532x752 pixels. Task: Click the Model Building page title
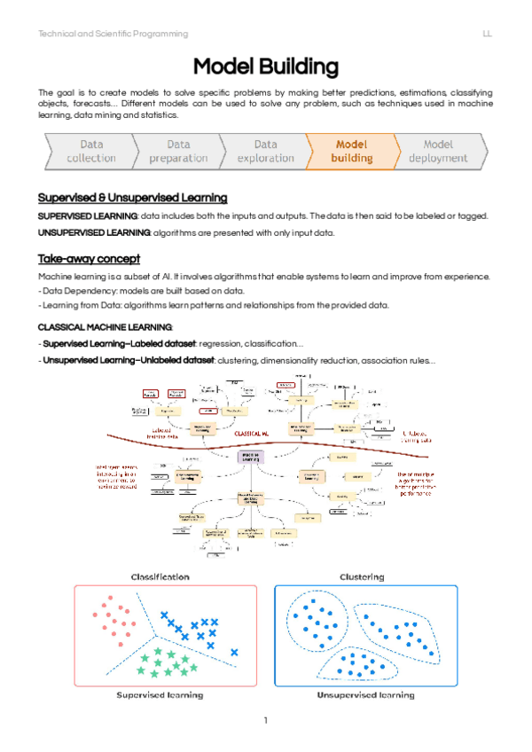pyautogui.click(x=265, y=67)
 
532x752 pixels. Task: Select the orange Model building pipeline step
pyautogui.click(x=351, y=151)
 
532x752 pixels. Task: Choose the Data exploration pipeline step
pyautogui.click(x=265, y=151)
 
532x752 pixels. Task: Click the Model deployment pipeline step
pyautogui.click(x=438, y=151)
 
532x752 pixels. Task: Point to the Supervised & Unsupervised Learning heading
pyautogui.click(x=132, y=197)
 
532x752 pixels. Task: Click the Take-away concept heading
pyautogui.click(x=89, y=259)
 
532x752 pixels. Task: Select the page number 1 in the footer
pyautogui.click(x=265, y=719)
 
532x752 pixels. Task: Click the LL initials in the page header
pyautogui.click(x=488, y=34)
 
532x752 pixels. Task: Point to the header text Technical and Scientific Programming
pyautogui.click(x=113, y=34)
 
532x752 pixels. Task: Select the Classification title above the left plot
pyautogui.click(x=160, y=576)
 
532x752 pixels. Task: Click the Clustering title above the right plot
pyautogui.click(x=362, y=576)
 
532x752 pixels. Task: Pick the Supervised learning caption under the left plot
pyautogui.click(x=160, y=694)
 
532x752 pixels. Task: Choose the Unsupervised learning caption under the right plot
pyautogui.click(x=364, y=694)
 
